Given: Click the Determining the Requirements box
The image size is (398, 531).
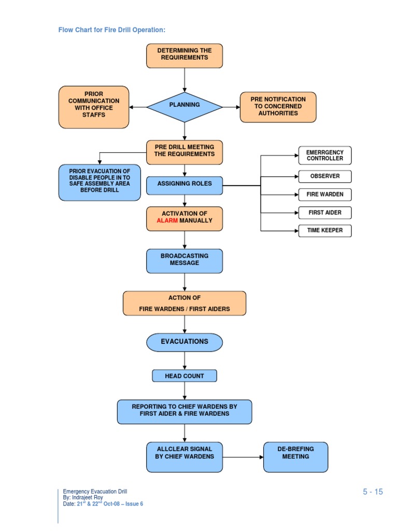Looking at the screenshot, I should [x=184, y=55].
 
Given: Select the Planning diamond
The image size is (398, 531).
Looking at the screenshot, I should [x=184, y=106].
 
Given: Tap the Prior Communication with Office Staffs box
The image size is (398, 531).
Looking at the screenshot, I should [x=94, y=107].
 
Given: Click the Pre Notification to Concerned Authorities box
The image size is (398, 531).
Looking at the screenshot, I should [x=278, y=107].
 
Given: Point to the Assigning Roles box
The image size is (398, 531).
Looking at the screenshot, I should [x=184, y=186].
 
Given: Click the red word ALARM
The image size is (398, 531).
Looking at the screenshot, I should [x=167, y=221].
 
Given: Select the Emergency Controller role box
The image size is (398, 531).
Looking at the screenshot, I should [x=324, y=156].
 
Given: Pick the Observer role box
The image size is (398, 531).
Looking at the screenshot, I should [x=324, y=176].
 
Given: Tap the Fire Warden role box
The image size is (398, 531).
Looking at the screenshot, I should [x=324, y=194].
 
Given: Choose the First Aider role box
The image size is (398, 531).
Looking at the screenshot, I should [x=324, y=213].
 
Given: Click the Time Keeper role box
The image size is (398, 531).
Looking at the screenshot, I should [x=324, y=230].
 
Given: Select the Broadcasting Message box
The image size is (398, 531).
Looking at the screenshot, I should [x=184, y=261].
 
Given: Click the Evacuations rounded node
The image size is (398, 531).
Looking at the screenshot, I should [x=184, y=342].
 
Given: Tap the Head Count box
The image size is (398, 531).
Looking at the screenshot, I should [x=184, y=376].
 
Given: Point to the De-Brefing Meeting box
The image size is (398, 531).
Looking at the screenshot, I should [x=295, y=457].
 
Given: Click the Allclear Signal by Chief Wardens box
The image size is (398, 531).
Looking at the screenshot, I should [x=184, y=457].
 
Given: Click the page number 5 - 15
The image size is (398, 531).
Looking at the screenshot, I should [x=373, y=492].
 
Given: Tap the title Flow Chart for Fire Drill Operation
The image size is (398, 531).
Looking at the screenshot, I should [x=112, y=30].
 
